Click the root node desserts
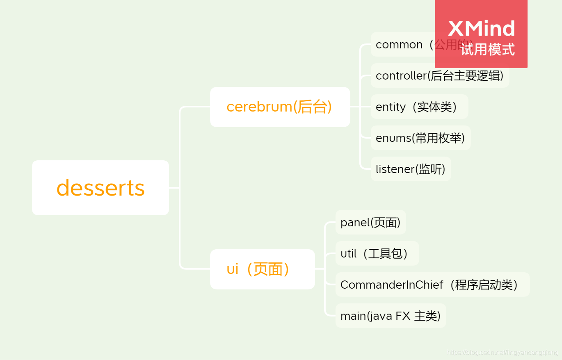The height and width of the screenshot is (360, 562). point(101,188)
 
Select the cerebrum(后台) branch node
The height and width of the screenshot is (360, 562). point(280,107)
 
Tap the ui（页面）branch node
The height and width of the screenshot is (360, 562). point(262,269)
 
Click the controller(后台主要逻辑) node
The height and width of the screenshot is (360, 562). point(439,75)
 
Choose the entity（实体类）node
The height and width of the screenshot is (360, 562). point(419,107)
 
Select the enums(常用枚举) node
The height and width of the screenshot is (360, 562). point(420,138)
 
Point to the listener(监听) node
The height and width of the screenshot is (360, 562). point(411,169)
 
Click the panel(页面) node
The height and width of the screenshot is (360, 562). point(370,222)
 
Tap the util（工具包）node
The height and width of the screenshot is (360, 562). point(377,253)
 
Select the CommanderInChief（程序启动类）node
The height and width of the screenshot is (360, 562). point(432,285)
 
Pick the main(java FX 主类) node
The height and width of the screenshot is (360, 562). point(391,316)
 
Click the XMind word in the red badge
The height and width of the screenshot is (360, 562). point(481,29)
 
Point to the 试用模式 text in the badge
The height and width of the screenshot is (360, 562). point(487,50)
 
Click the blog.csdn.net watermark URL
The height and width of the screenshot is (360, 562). point(503,352)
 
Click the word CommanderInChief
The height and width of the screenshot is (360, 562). point(392,285)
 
